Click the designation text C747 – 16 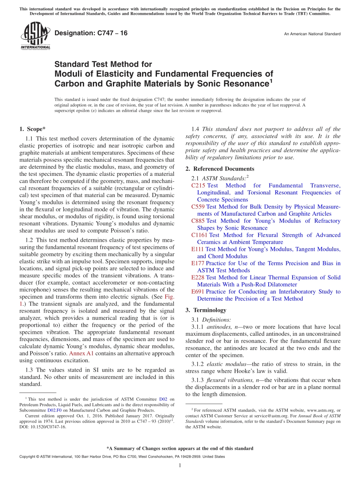91,33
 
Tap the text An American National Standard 312,34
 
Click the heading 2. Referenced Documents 220,169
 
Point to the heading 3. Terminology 206,310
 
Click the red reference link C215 198,186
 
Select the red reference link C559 198,207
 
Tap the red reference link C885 198,221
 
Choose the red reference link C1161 200,235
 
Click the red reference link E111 197,249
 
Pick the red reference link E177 197,263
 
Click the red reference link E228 197,277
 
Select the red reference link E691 197,292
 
